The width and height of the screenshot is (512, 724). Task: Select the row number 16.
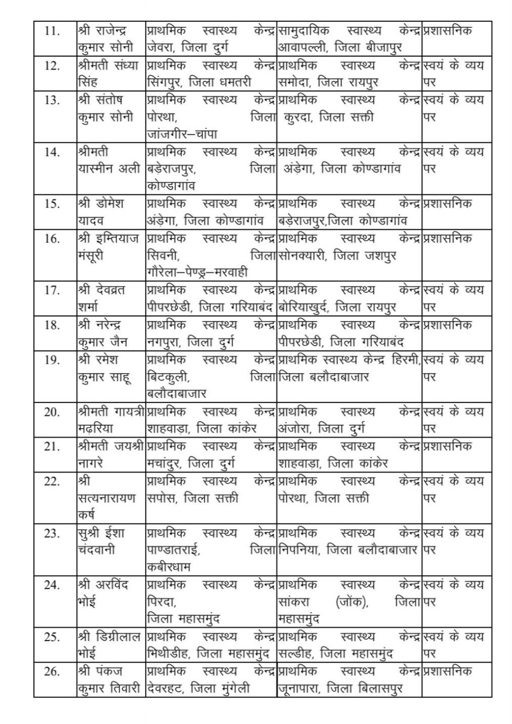(52, 239)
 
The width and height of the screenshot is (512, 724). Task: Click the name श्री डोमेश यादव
(101, 212)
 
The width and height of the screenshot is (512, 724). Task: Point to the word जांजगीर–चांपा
(182, 134)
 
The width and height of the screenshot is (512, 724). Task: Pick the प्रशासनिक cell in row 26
(447, 671)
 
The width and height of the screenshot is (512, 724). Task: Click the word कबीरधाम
(169, 567)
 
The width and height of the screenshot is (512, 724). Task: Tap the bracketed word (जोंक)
(350, 602)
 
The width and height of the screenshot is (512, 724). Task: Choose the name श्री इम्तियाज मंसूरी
(107, 247)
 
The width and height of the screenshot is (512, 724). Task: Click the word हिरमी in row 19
(404, 360)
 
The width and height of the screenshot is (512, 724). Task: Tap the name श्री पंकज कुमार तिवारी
(108, 680)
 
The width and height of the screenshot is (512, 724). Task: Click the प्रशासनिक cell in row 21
(447, 446)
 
